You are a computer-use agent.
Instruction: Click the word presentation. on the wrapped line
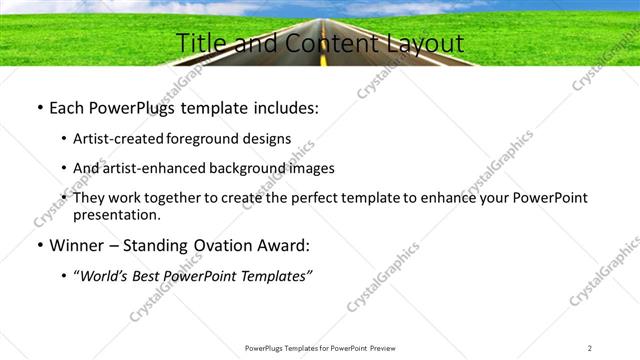click(116, 215)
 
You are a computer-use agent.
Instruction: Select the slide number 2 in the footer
click(590, 348)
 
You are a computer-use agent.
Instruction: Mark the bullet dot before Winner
click(38, 245)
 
